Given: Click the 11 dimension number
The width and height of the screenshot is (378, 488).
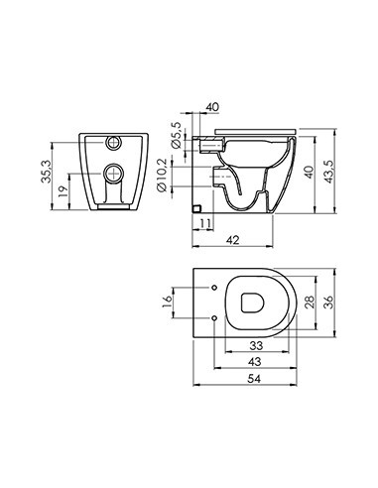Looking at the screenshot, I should [202, 225].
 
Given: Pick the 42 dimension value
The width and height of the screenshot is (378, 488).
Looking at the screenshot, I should [230, 239].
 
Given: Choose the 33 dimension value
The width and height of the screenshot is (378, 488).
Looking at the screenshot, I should [254, 346].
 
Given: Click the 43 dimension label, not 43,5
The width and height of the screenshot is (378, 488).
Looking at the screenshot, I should [254, 362].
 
